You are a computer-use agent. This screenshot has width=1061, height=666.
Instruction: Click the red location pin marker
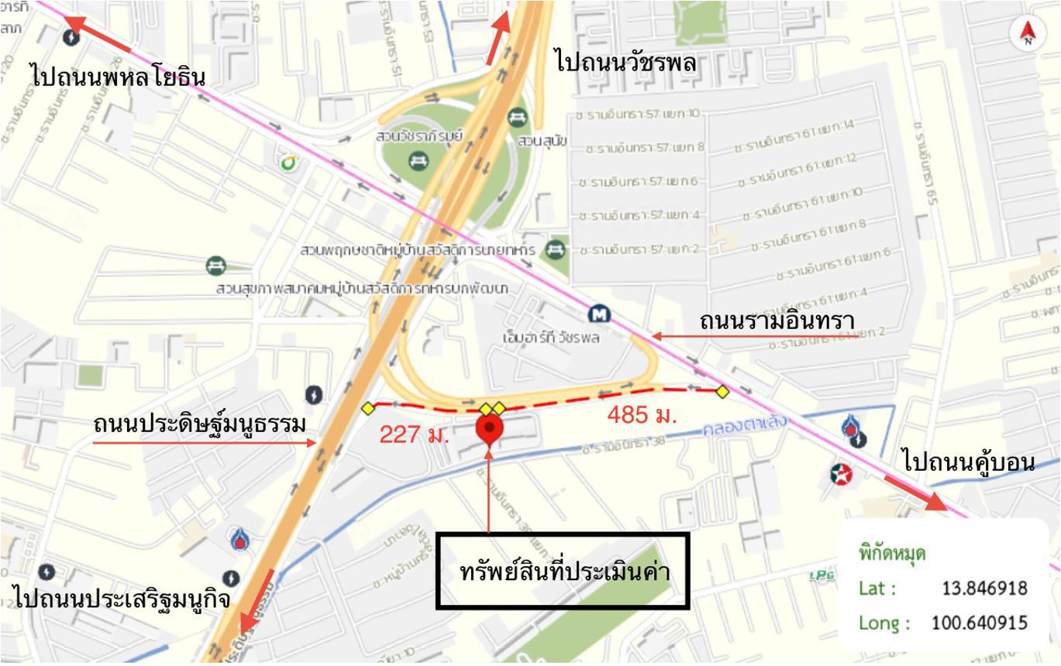click(x=489, y=428)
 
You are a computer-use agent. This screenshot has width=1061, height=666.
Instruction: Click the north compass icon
click(x=1028, y=33)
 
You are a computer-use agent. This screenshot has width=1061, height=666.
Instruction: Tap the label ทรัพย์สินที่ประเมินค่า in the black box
click(x=563, y=571)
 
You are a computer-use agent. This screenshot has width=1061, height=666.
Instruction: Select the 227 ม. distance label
click(x=414, y=434)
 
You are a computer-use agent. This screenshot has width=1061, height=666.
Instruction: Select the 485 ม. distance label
click(x=642, y=414)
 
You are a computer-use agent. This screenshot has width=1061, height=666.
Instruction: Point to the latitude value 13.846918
click(x=984, y=588)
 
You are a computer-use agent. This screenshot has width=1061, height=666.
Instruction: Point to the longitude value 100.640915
click(x=979, y=623)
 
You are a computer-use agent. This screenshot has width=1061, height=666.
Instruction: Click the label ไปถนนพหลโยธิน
click(x=118, y=77)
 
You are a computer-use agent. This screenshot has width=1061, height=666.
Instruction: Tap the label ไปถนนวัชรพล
click(x=625, y=61)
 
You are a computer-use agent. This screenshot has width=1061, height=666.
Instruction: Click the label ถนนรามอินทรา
click(x=777, y=320)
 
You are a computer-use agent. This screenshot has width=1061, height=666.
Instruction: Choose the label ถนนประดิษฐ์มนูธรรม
click(x=199, y=424)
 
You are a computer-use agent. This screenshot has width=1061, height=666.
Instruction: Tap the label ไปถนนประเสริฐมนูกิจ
click(x=121, y=598)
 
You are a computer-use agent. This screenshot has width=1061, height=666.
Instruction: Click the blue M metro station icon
click(x=599, y=314)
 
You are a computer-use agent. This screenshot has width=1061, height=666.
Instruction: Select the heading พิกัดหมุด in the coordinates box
click(x=891, y=554)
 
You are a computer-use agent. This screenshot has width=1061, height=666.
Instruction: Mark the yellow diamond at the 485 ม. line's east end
click(x=722, y=392)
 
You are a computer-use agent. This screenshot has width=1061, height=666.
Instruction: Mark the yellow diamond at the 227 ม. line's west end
click(x=368, y=408)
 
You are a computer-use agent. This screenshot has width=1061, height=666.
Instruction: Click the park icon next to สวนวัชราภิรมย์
click(x=418, y=160)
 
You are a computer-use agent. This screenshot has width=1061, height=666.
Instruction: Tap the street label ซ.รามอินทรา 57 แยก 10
click(x=638, y=115)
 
